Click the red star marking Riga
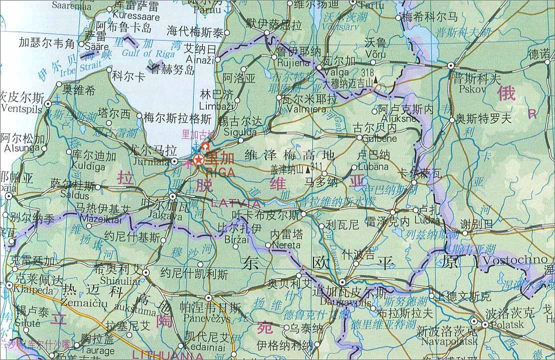[198, 160]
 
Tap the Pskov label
[462, 89]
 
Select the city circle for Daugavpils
[342, 282]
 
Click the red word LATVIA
[236, 203]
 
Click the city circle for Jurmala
[174, 161]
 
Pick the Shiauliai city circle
[146, 272]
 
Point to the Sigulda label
[241, 132]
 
